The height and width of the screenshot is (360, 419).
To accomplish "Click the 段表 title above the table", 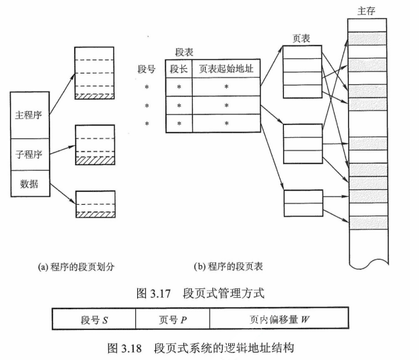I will pyautogui.click(x=184, y=52).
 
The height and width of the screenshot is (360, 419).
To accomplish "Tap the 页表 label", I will pyautogui.click(x=301, y=39).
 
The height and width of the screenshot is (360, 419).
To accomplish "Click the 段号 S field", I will pyautogui.click(x=94, y=319).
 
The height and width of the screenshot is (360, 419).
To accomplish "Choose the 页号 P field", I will pyautogui.click(x=172, y=319).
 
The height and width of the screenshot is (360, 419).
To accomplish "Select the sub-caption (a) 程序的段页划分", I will pyautogui.click(x=76, y=266).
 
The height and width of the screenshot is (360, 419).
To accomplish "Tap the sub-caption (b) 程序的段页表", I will pyautogui.click(x=228, y=266).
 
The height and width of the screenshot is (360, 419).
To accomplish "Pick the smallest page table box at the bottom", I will pyautogui.click(x=301, y=200).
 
